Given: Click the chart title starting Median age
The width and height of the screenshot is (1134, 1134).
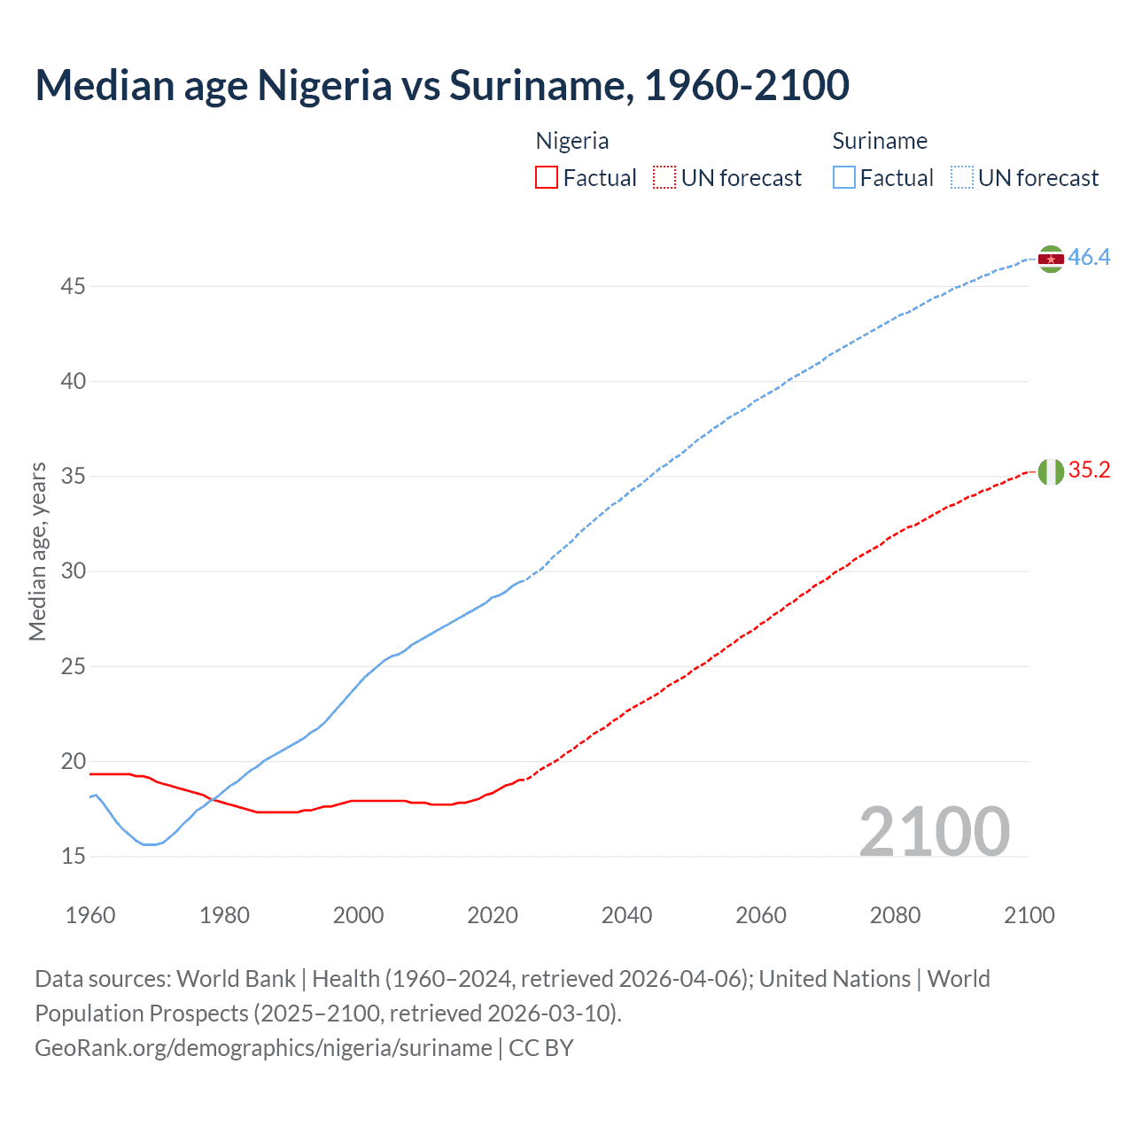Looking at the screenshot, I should point(442,85).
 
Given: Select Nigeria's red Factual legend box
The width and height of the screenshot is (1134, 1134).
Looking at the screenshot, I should point(547,177).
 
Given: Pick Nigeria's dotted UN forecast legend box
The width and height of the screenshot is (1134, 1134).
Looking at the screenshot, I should point(664,177).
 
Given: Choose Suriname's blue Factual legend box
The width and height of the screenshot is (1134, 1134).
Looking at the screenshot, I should point(844,177).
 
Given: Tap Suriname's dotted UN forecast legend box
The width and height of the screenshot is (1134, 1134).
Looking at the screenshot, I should point(961,177).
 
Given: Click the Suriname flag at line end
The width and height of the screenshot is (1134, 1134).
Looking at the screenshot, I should point(1051,259).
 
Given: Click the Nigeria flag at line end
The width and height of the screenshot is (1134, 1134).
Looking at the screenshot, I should point(1051,471).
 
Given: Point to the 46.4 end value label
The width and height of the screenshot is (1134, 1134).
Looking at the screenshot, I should point(1089,258).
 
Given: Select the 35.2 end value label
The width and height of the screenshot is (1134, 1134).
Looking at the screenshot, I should point(1089,470).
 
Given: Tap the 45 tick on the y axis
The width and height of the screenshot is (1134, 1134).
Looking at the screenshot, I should point(74,286).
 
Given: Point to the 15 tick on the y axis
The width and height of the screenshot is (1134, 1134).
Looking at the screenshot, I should point(74,856).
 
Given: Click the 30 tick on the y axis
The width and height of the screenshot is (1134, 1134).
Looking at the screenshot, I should point(74,571).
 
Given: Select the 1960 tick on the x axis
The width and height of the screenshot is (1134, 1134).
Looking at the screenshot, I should point(90,915).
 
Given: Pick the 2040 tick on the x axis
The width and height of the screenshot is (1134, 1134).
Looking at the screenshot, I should point(626,915).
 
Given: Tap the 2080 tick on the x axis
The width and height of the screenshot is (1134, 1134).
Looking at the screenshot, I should point(895,915).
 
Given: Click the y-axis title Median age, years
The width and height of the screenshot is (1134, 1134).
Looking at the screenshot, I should point(37,551).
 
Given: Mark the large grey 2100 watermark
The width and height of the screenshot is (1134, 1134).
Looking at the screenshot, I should point(934,831).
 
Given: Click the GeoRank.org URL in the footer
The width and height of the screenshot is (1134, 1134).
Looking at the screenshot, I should point(263,1048).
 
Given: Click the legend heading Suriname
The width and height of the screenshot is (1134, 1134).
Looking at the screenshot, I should point(880,141).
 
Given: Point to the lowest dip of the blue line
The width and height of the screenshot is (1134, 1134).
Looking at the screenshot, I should point(149,844).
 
